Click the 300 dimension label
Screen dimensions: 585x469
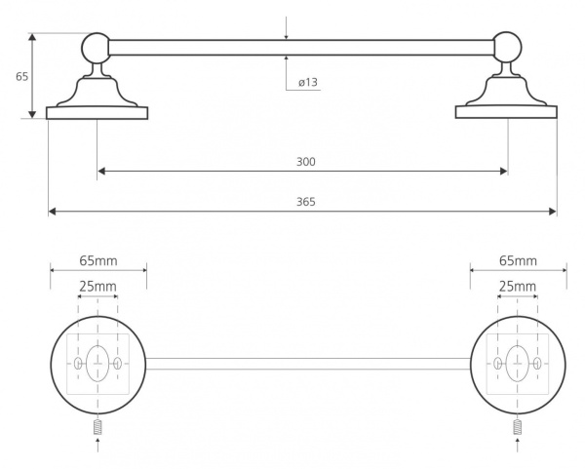(306, 162)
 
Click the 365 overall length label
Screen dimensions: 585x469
(306, 202)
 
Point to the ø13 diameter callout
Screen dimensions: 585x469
(308, 82)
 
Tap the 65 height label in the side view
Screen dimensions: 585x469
(22, 76)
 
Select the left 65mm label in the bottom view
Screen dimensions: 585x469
(98, 260)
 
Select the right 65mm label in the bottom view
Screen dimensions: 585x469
(519, 260)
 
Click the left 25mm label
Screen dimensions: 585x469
(97, 286)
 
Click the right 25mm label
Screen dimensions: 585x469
(518, 286)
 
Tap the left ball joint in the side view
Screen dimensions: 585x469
(96, 48)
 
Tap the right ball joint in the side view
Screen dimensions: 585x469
(507, 47)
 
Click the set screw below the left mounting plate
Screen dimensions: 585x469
(97, 427)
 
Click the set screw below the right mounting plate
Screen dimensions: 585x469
(518, 427)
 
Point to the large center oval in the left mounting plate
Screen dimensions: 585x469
(97, 364)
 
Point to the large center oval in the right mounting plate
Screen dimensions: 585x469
(518, 364)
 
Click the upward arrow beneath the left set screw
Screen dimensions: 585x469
(97, 445)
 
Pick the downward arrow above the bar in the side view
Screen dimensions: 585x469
(286, 27)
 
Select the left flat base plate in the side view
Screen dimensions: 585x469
(97, 113)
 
